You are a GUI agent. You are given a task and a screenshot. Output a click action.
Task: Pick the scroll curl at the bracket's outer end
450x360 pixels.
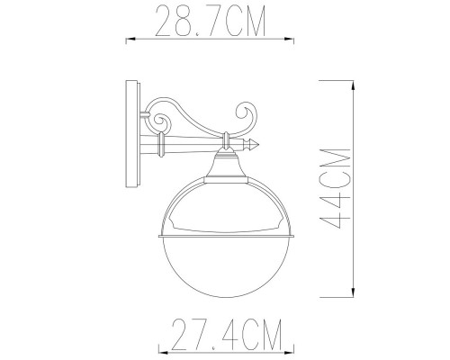click(244, 114)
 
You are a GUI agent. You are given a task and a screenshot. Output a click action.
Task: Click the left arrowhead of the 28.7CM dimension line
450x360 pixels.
click(125, 40)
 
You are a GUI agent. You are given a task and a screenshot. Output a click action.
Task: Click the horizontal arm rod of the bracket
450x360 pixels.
click(193, 142)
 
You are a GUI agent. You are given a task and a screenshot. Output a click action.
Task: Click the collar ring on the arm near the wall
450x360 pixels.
click(161, 142)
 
